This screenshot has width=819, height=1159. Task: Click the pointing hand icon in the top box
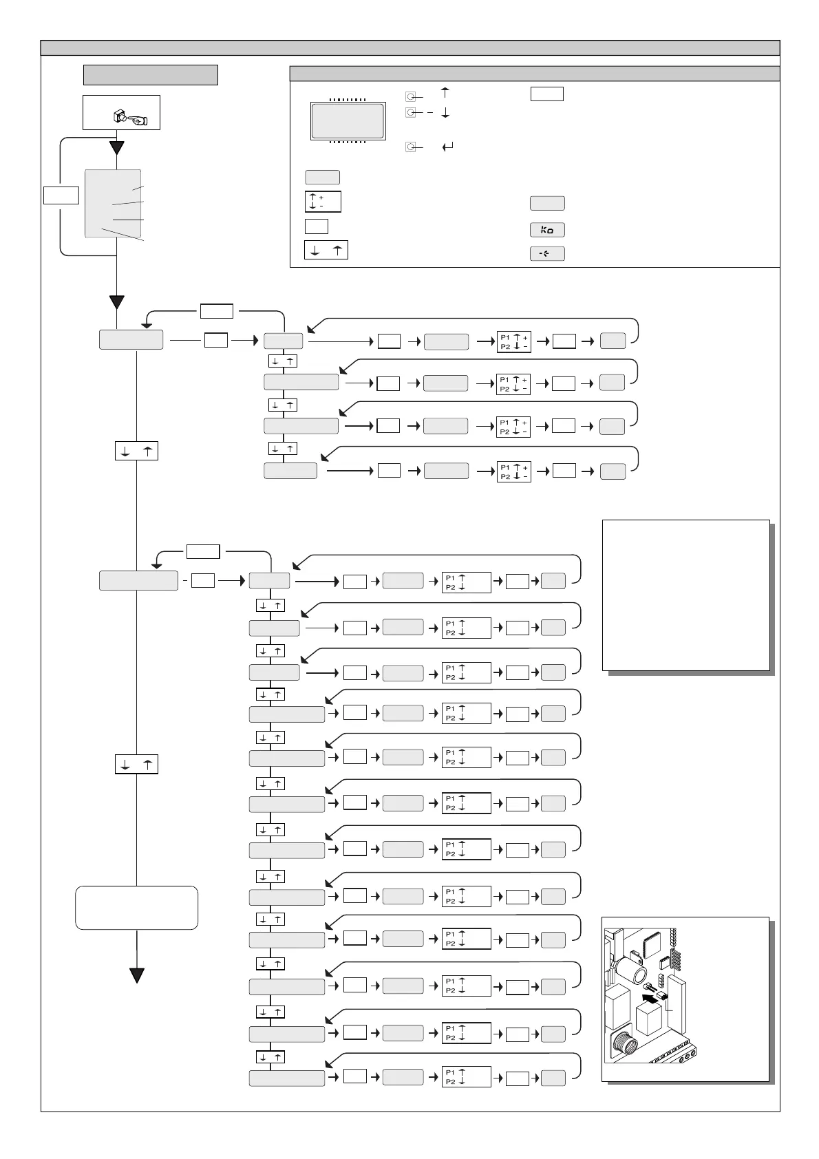pos(138,120)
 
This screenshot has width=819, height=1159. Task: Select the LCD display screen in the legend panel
pos(348,121)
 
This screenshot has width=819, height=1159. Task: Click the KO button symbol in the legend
pos(547,230)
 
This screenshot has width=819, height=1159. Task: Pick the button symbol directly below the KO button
pos(547,253)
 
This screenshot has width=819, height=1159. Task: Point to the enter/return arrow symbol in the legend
pos(448,147)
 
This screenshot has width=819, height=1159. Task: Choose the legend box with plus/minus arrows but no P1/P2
pos(323,202)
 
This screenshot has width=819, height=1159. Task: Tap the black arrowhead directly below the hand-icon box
pos(117,147)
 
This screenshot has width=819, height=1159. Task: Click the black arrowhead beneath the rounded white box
pos(137,975)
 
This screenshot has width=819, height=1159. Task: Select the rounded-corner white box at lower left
pos(137,908)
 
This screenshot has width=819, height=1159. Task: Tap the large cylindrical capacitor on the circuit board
pos(630,970)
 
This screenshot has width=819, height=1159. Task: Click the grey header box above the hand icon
pos(151,74)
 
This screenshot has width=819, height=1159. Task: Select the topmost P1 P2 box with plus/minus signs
pos(513,342)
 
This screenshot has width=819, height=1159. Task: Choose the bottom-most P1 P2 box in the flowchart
pos(466,1076)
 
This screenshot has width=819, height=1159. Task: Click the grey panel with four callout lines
pos(113,204)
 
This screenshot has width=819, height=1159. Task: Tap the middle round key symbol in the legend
pos(410,112)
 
